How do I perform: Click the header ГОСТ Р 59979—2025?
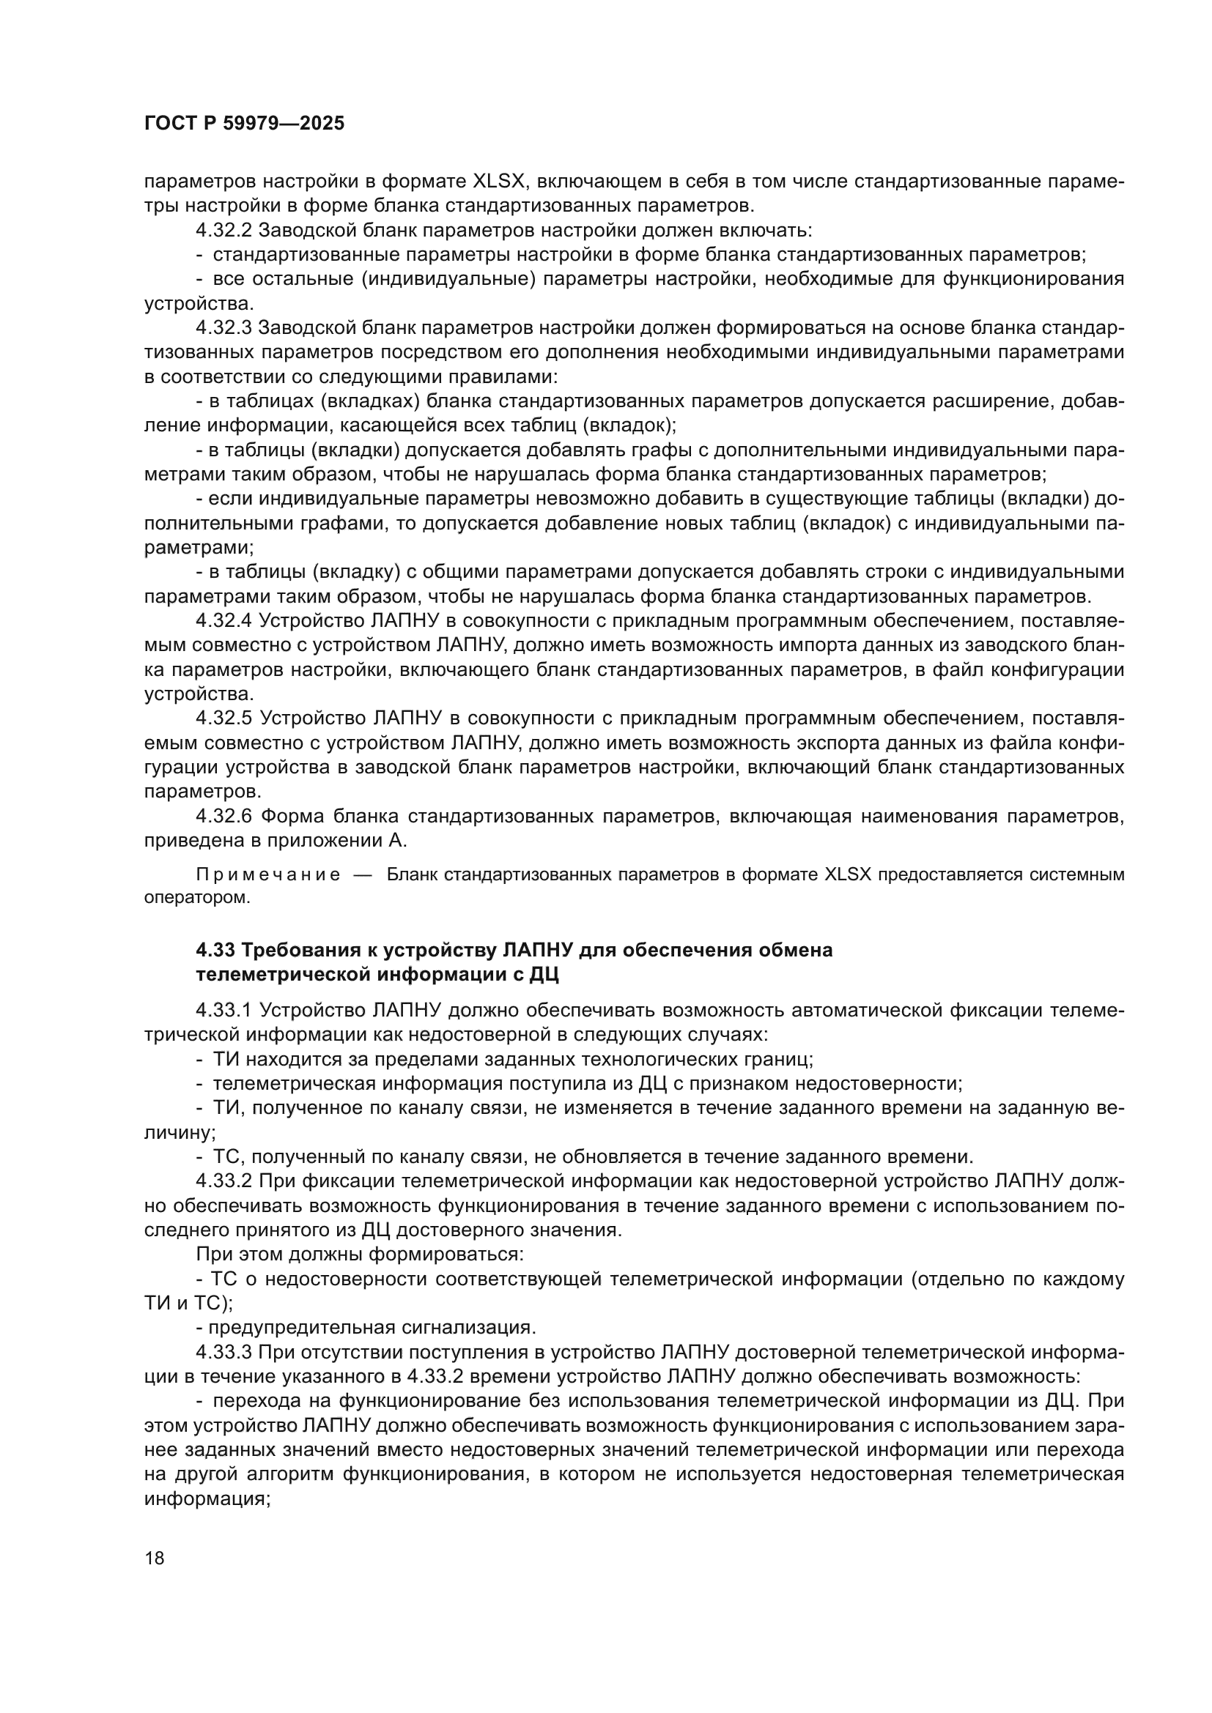tap(244, 124)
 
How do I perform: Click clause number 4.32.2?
tap(224, 230)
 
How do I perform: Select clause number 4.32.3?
tap(224, 327)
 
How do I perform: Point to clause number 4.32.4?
tap(224, 621)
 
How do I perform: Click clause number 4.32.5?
tap(224, 718)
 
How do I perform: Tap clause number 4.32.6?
tap(224, 816)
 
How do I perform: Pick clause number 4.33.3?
tap(224, 1352)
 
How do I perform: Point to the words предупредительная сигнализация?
tap(371, 1328)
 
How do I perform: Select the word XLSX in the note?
tap(849, 875)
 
